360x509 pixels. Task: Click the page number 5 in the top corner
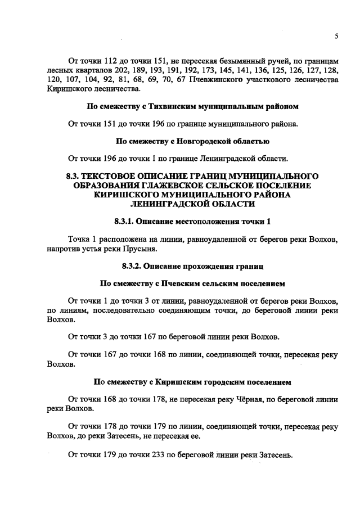(x=336, y=36)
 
